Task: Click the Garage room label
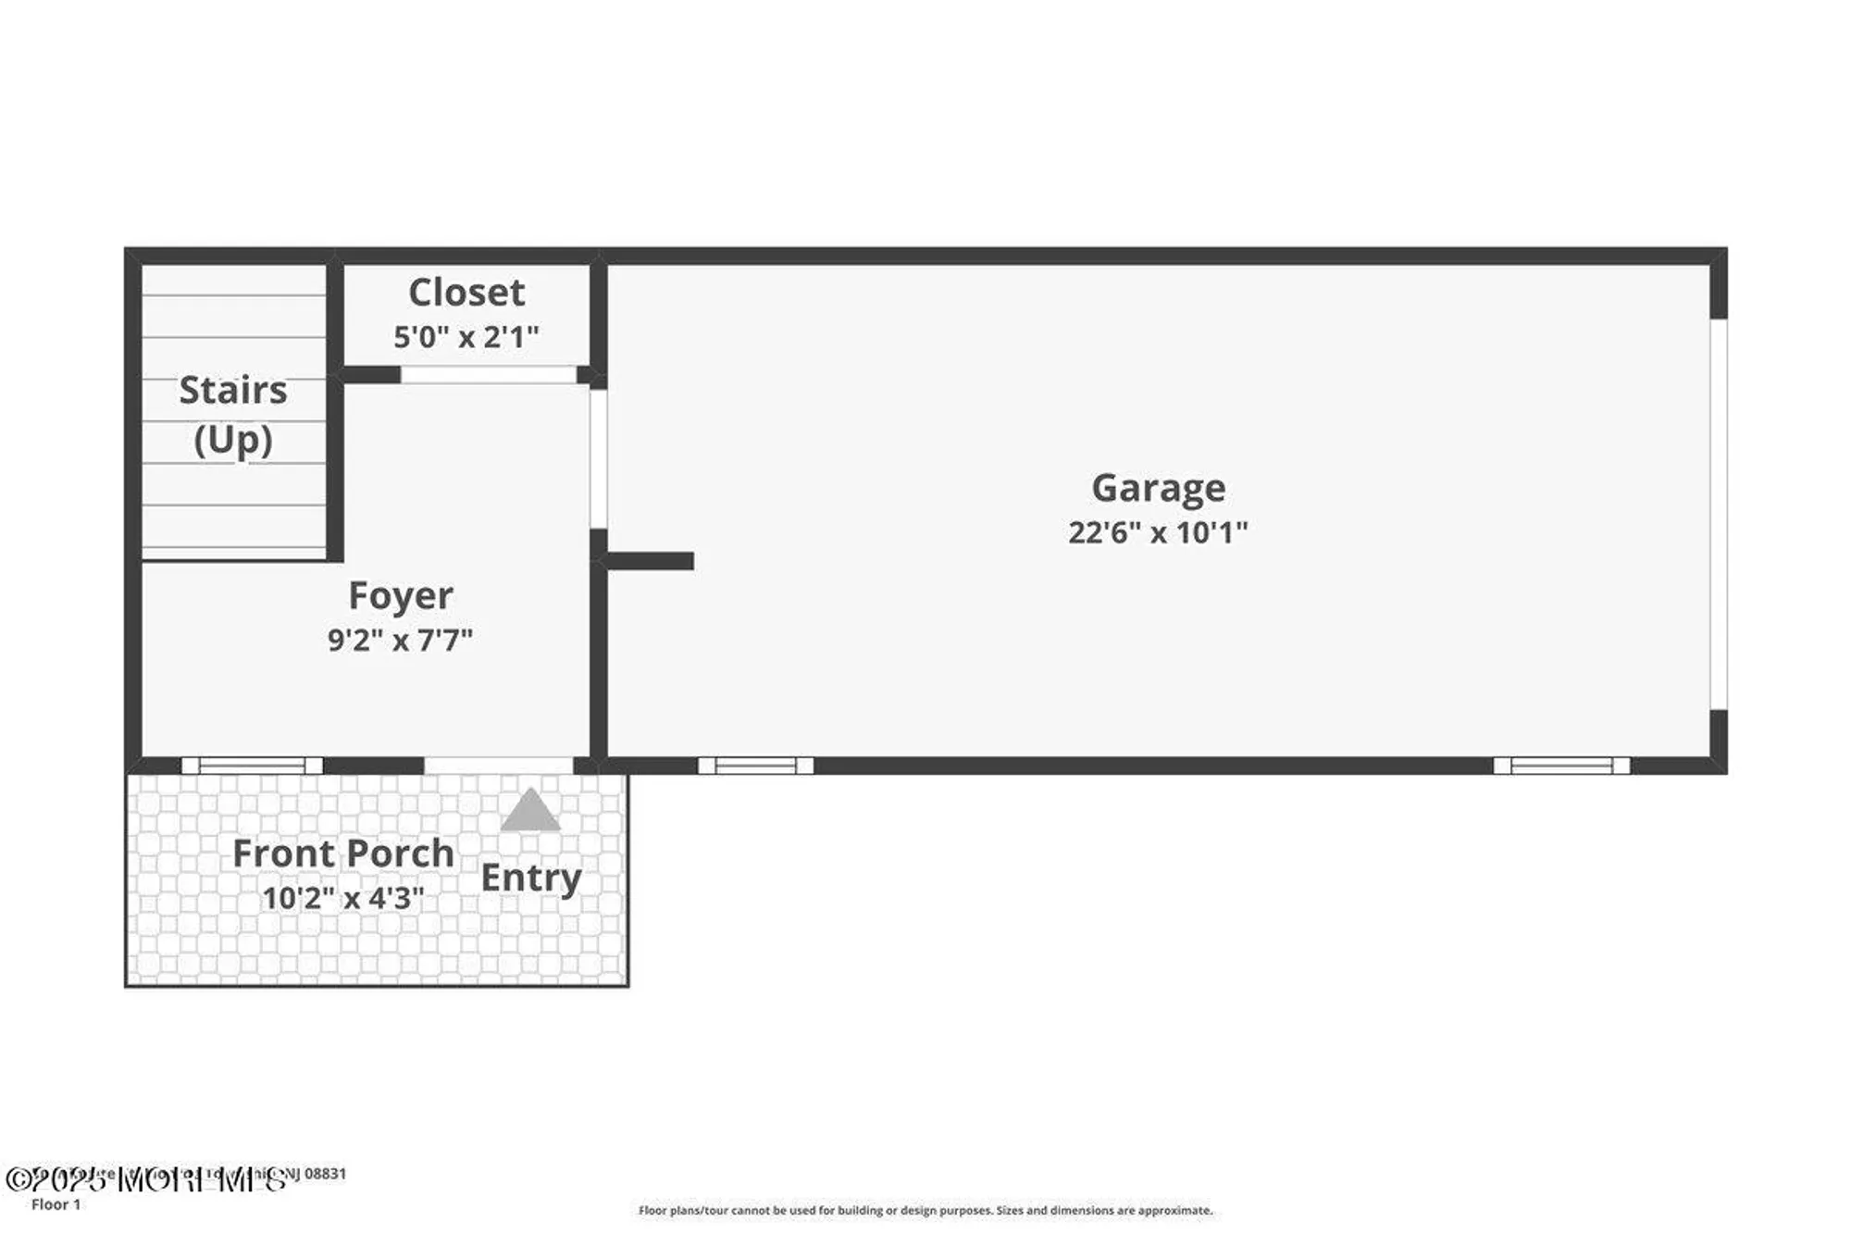(1158, 488)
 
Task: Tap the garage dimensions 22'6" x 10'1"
(1158, 532)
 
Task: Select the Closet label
(466, 293)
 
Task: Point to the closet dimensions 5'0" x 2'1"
(466, 336)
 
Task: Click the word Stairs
(233, 391)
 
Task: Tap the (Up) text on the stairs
(233, 440)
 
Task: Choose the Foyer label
(401, 595)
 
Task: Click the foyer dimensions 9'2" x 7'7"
(401, 640)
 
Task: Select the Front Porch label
(343, 854)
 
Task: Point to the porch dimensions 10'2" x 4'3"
(343, 897)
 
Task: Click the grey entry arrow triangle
(530, 811)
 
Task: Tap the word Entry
(531, 878)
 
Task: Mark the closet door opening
(489, 375)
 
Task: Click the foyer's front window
(253, 766)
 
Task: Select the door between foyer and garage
(599, 459)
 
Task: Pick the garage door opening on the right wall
(1718, 514)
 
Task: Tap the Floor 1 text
(56, 1204)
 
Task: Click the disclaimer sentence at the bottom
(925, 1210)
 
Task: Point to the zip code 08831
(326, 1174)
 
